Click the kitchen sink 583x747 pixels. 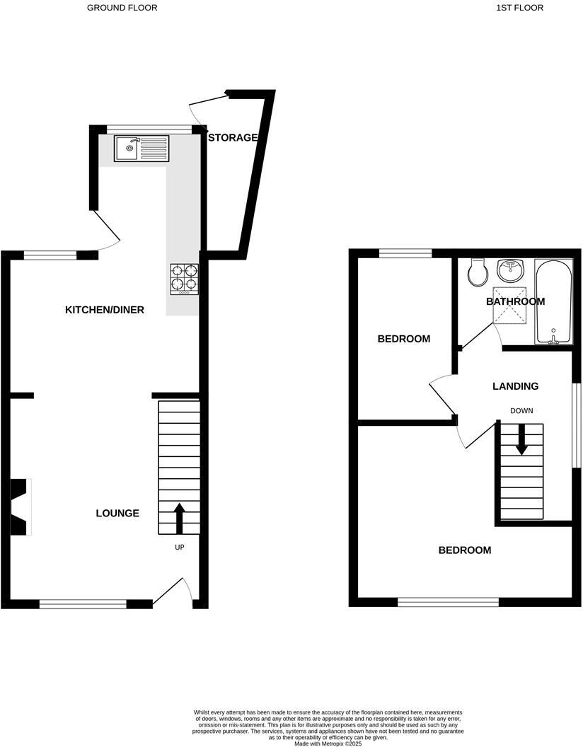(142, 148)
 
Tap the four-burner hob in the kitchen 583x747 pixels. (185, 279)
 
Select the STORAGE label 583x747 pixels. (233, 138)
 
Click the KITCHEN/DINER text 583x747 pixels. (104, 310)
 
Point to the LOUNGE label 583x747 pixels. (117, 513)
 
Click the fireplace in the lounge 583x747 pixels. (21, 506)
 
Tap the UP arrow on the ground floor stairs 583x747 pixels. (179, 519)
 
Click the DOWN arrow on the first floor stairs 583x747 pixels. (521, 439)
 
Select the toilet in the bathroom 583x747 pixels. (478, 272)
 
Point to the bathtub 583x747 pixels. (553, 301)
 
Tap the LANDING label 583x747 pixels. (515, 386)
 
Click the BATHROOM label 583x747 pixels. (515, 301)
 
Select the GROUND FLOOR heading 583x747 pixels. (122, 8)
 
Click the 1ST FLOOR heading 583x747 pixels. (519, 8)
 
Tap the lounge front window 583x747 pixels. (83, 604)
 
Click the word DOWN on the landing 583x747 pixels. (521, 411)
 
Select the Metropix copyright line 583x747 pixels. (328, 743)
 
